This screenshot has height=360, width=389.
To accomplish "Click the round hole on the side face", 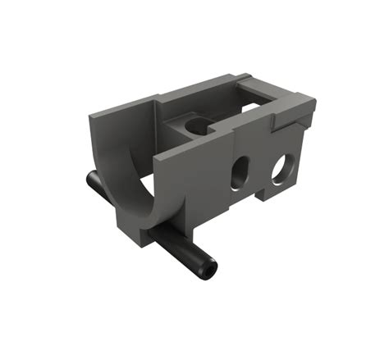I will click(x=281, y=167).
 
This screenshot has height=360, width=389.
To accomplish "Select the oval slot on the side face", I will click(x=240, y=172).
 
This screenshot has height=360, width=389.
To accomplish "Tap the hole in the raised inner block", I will click(x=196, y=125).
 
